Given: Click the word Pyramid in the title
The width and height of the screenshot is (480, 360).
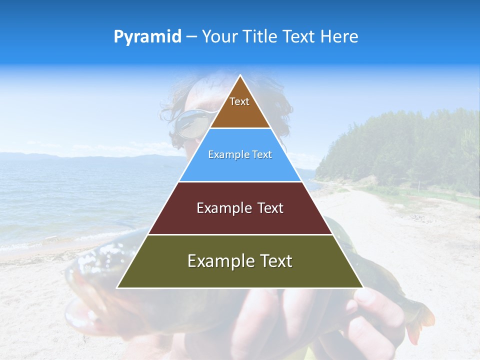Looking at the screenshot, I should [x=147, y=37].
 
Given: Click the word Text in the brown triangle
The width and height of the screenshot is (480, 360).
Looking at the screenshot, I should [x=239, y=101].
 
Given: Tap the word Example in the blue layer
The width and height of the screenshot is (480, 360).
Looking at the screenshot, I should [x=225, y=155].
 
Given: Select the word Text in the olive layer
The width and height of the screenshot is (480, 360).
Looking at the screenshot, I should [x=275, y=261].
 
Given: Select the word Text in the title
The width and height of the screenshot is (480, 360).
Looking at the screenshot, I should [x=298, y=37].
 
